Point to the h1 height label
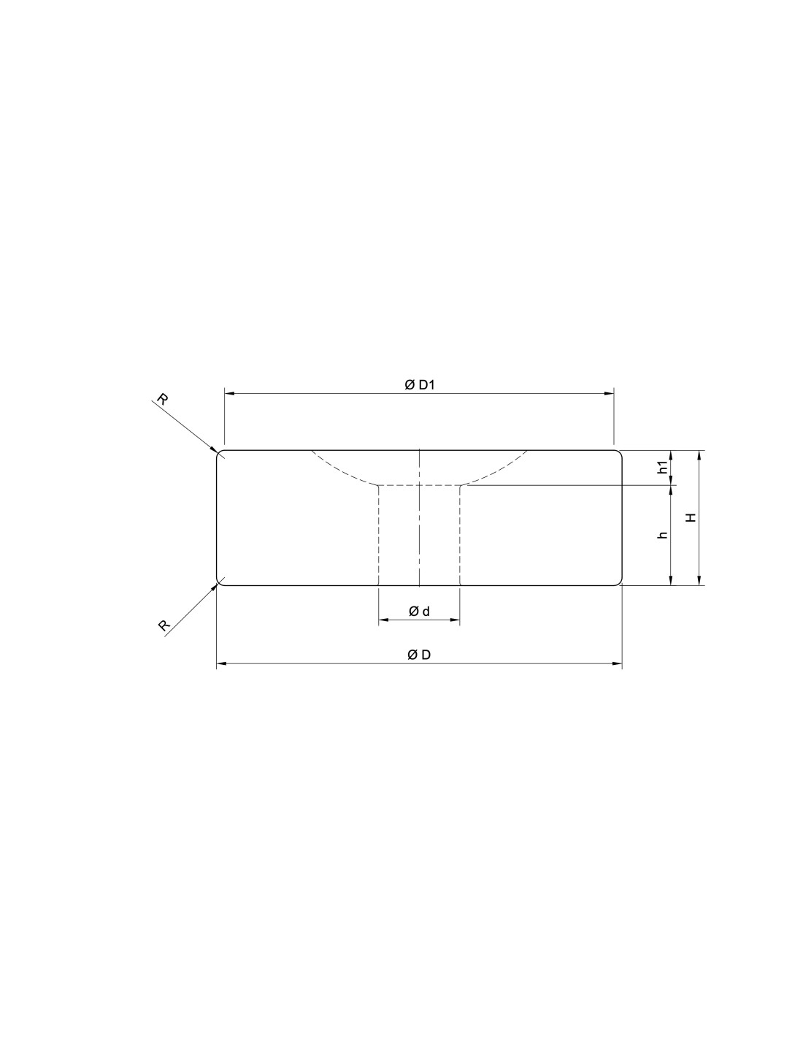coord(663,468)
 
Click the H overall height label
coord(691,517)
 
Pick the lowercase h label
coord(663,535)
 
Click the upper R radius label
coord(162,400)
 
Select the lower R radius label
coord(164,625)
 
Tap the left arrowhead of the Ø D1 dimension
coord(228,394)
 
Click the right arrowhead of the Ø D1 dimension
coord(609,394)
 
